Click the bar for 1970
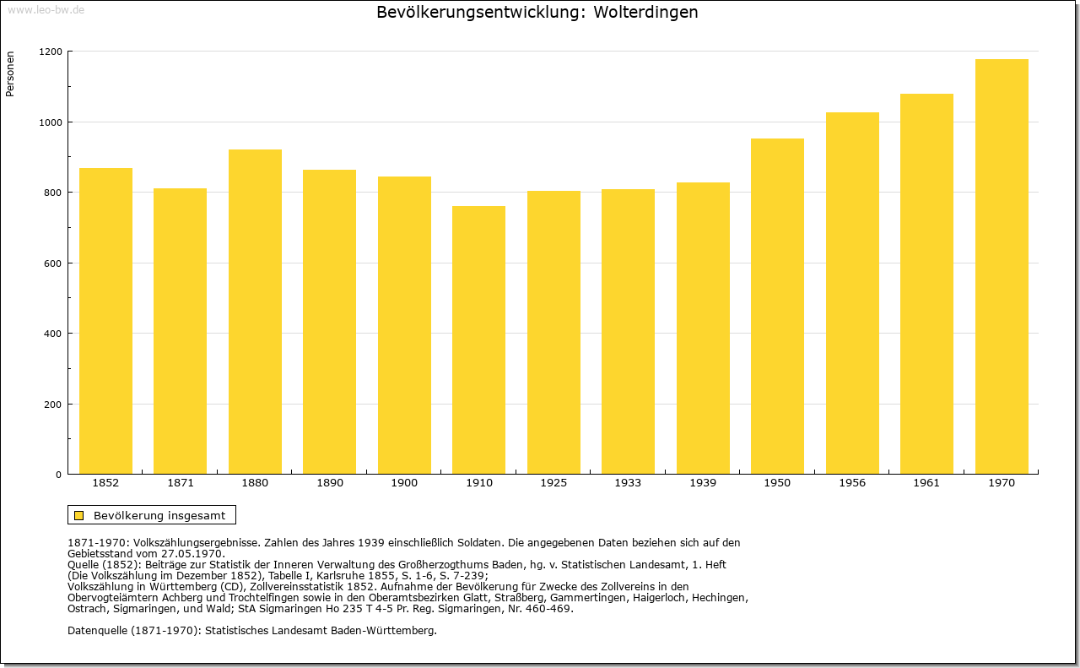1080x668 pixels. point(1002,266)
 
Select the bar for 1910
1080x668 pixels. point(478,340)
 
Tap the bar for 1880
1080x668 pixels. point(255,312)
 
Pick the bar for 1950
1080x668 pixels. point(777,307)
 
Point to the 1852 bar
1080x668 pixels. point(105,321)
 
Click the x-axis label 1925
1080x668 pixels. point(553,483)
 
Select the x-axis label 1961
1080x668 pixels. point(926,483)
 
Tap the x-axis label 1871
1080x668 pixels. point(181,483)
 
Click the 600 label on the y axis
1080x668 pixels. point(53,263)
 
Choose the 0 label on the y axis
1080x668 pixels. point(59,475)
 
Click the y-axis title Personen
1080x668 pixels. point(10,73)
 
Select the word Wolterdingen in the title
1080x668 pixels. point(645,12)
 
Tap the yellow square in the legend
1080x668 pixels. point(79,515)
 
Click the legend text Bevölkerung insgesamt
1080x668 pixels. point(159,515)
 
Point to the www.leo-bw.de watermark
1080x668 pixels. point(46,10)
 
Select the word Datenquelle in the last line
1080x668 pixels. point(98,631)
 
